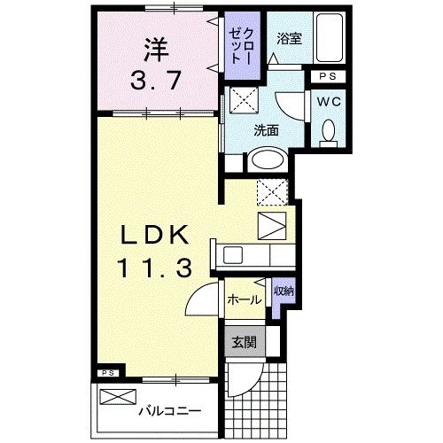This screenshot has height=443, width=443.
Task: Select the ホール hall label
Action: [x=244, y=299]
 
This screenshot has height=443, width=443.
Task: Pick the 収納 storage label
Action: [x=282, y=291]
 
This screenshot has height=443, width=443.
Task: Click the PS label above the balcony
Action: [x=108, y=372]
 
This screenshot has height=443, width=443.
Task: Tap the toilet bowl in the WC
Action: [x=330, y=134]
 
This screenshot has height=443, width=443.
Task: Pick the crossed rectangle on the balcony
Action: [x=119, y=398]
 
